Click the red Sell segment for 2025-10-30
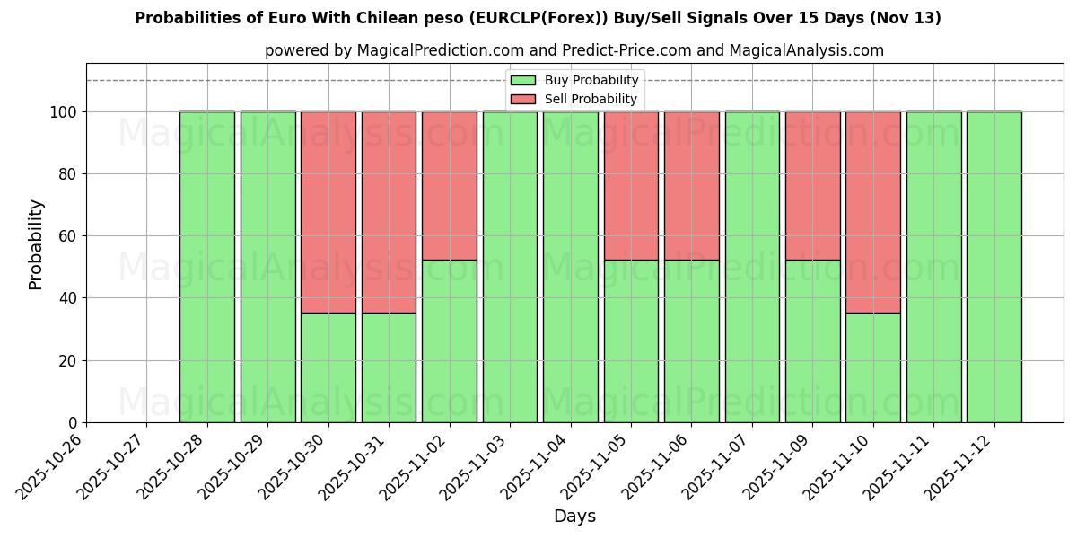[328, 212]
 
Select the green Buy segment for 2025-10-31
[389, 367]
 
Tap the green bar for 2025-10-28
[207, 267]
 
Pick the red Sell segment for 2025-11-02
[450, 186]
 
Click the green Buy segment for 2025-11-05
[631, 341]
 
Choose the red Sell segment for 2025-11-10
[873, 212]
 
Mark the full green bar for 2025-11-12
[994, 267]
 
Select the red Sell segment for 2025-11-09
[813, 186]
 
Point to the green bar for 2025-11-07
[752, 267]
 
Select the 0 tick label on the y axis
[72, 423]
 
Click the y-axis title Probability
[36, 243]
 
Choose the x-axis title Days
[574, 517]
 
